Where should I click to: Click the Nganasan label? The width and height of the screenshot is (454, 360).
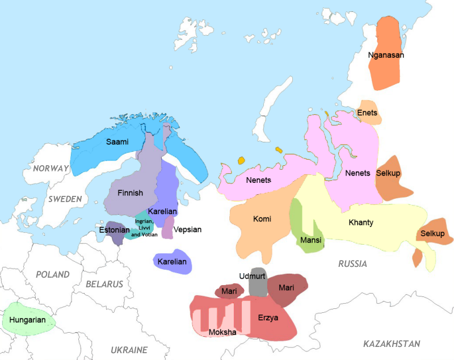(x=386, y=55)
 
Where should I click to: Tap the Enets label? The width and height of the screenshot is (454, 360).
(x=367, y=113)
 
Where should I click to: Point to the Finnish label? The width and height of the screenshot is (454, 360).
(x=130, y=193)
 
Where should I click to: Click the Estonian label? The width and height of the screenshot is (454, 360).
(x=115, y=231)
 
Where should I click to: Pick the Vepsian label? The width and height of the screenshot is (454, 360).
(x=187, y=230)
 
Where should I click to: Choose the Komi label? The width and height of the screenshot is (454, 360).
(x=262, y=219)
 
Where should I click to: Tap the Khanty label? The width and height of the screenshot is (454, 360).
(x=361, y=223)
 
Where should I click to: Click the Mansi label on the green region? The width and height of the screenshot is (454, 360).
(x=310, y=240)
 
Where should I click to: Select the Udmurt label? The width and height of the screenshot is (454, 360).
(x=253, y=276)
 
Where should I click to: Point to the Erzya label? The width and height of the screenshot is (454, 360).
(x=268, y=318)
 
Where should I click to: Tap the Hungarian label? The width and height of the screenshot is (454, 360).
(x=27, y=320)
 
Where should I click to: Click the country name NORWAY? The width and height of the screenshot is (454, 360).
(x=51, y=169)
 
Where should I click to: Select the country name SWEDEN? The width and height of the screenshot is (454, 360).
(x=65, y=199)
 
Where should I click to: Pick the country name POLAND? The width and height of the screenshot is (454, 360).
(x=52, y=275)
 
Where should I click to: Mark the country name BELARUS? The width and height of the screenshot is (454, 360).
(x=104, y=284)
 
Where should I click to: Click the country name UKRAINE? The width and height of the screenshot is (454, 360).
(x=129, y=350)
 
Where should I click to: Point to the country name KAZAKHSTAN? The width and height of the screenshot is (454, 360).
(x=392, y=344)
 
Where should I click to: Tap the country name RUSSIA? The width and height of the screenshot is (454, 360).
(x=352, y=264)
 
